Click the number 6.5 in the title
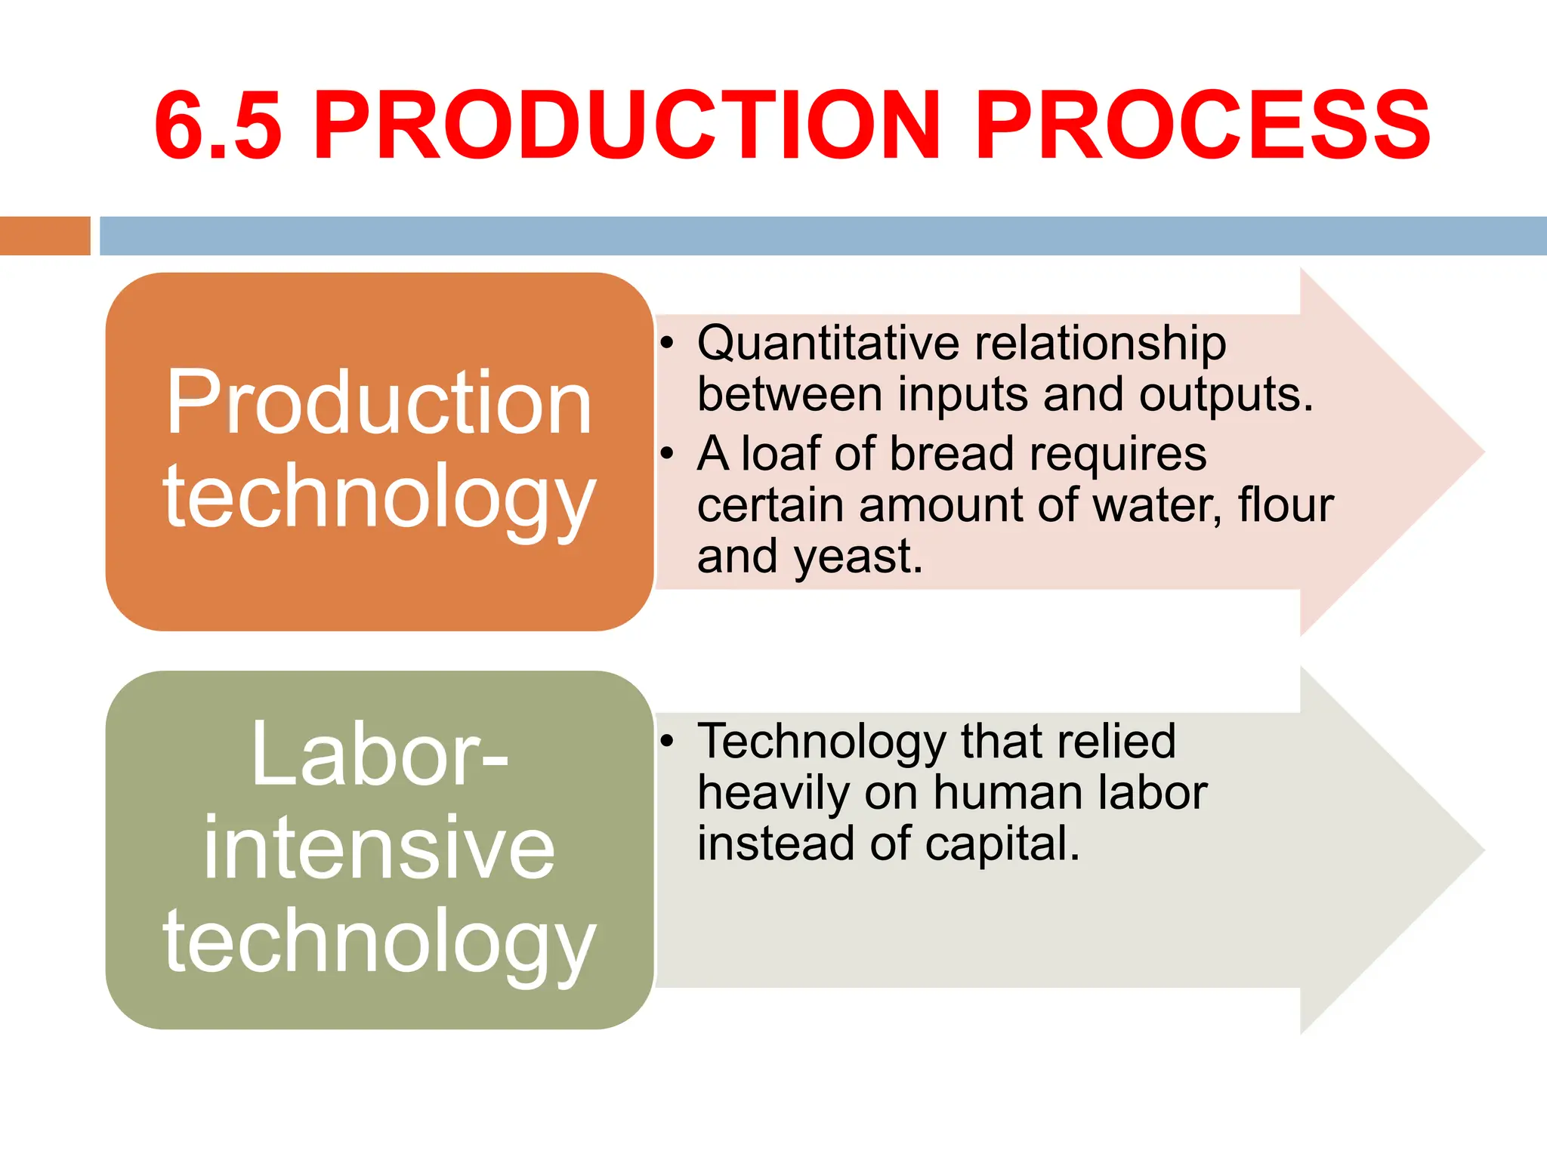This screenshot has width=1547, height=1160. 218,126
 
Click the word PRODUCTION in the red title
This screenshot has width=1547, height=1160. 628,126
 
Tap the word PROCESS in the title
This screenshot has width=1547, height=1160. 1202,126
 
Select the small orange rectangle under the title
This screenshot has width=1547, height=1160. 45,236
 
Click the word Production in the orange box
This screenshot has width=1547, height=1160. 378,403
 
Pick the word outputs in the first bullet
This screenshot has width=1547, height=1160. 1225,395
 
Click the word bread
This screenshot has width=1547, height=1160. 952,454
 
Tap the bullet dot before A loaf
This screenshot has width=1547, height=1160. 666,454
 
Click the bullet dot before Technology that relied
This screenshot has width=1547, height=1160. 666,741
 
